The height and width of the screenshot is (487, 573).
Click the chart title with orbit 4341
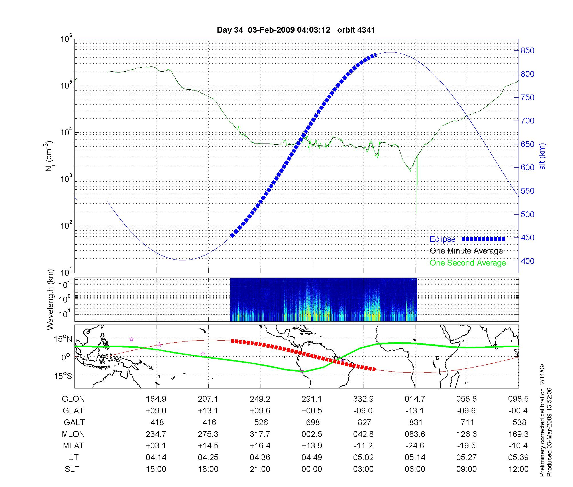[296, 30]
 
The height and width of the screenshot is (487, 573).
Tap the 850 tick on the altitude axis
[527, 51]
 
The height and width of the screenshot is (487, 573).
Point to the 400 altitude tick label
[527, 261]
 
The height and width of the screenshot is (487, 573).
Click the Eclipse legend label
[442, 239]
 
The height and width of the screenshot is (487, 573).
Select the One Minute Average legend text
[466, 251]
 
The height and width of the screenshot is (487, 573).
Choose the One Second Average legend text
[468, 263]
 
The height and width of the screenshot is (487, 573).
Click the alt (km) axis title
[542, 156]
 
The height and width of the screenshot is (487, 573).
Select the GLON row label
[73, 399]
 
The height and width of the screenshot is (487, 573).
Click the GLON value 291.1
[312, 399]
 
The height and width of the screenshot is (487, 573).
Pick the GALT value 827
[364, 423]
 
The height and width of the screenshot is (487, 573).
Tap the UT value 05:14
[415, 457]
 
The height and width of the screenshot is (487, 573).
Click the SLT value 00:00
[312, 469]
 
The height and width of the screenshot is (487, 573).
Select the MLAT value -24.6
[415, 446]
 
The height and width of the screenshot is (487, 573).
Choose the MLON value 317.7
[260, 434]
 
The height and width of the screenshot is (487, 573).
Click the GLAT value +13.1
[208, 411]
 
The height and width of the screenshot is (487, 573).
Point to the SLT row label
[72, 469]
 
